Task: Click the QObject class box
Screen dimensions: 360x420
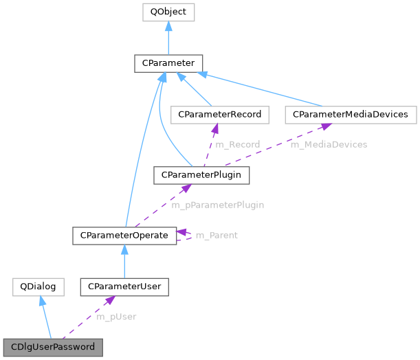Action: click(x=168, y=12)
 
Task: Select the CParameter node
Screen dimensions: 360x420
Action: click(x=168, y=64)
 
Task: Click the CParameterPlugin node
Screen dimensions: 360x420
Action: click(x=201, y=175)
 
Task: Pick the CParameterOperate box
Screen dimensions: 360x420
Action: click(x=124, y=236)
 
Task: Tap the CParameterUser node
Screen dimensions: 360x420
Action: click(x=124, y=286)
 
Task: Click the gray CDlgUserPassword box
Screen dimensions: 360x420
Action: click(x=53, y=347)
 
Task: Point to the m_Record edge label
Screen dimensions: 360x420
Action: click(x=237, y=145)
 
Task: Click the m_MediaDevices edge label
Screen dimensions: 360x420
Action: click(x=329, y=145)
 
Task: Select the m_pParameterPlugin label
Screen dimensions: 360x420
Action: click(x=217, y=205)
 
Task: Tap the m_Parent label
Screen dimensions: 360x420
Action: click(x=217, y=236)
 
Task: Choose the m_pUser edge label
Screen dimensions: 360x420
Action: click(x=115, y=317)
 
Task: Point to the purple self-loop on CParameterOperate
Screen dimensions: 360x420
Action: click(x=186, y=236)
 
